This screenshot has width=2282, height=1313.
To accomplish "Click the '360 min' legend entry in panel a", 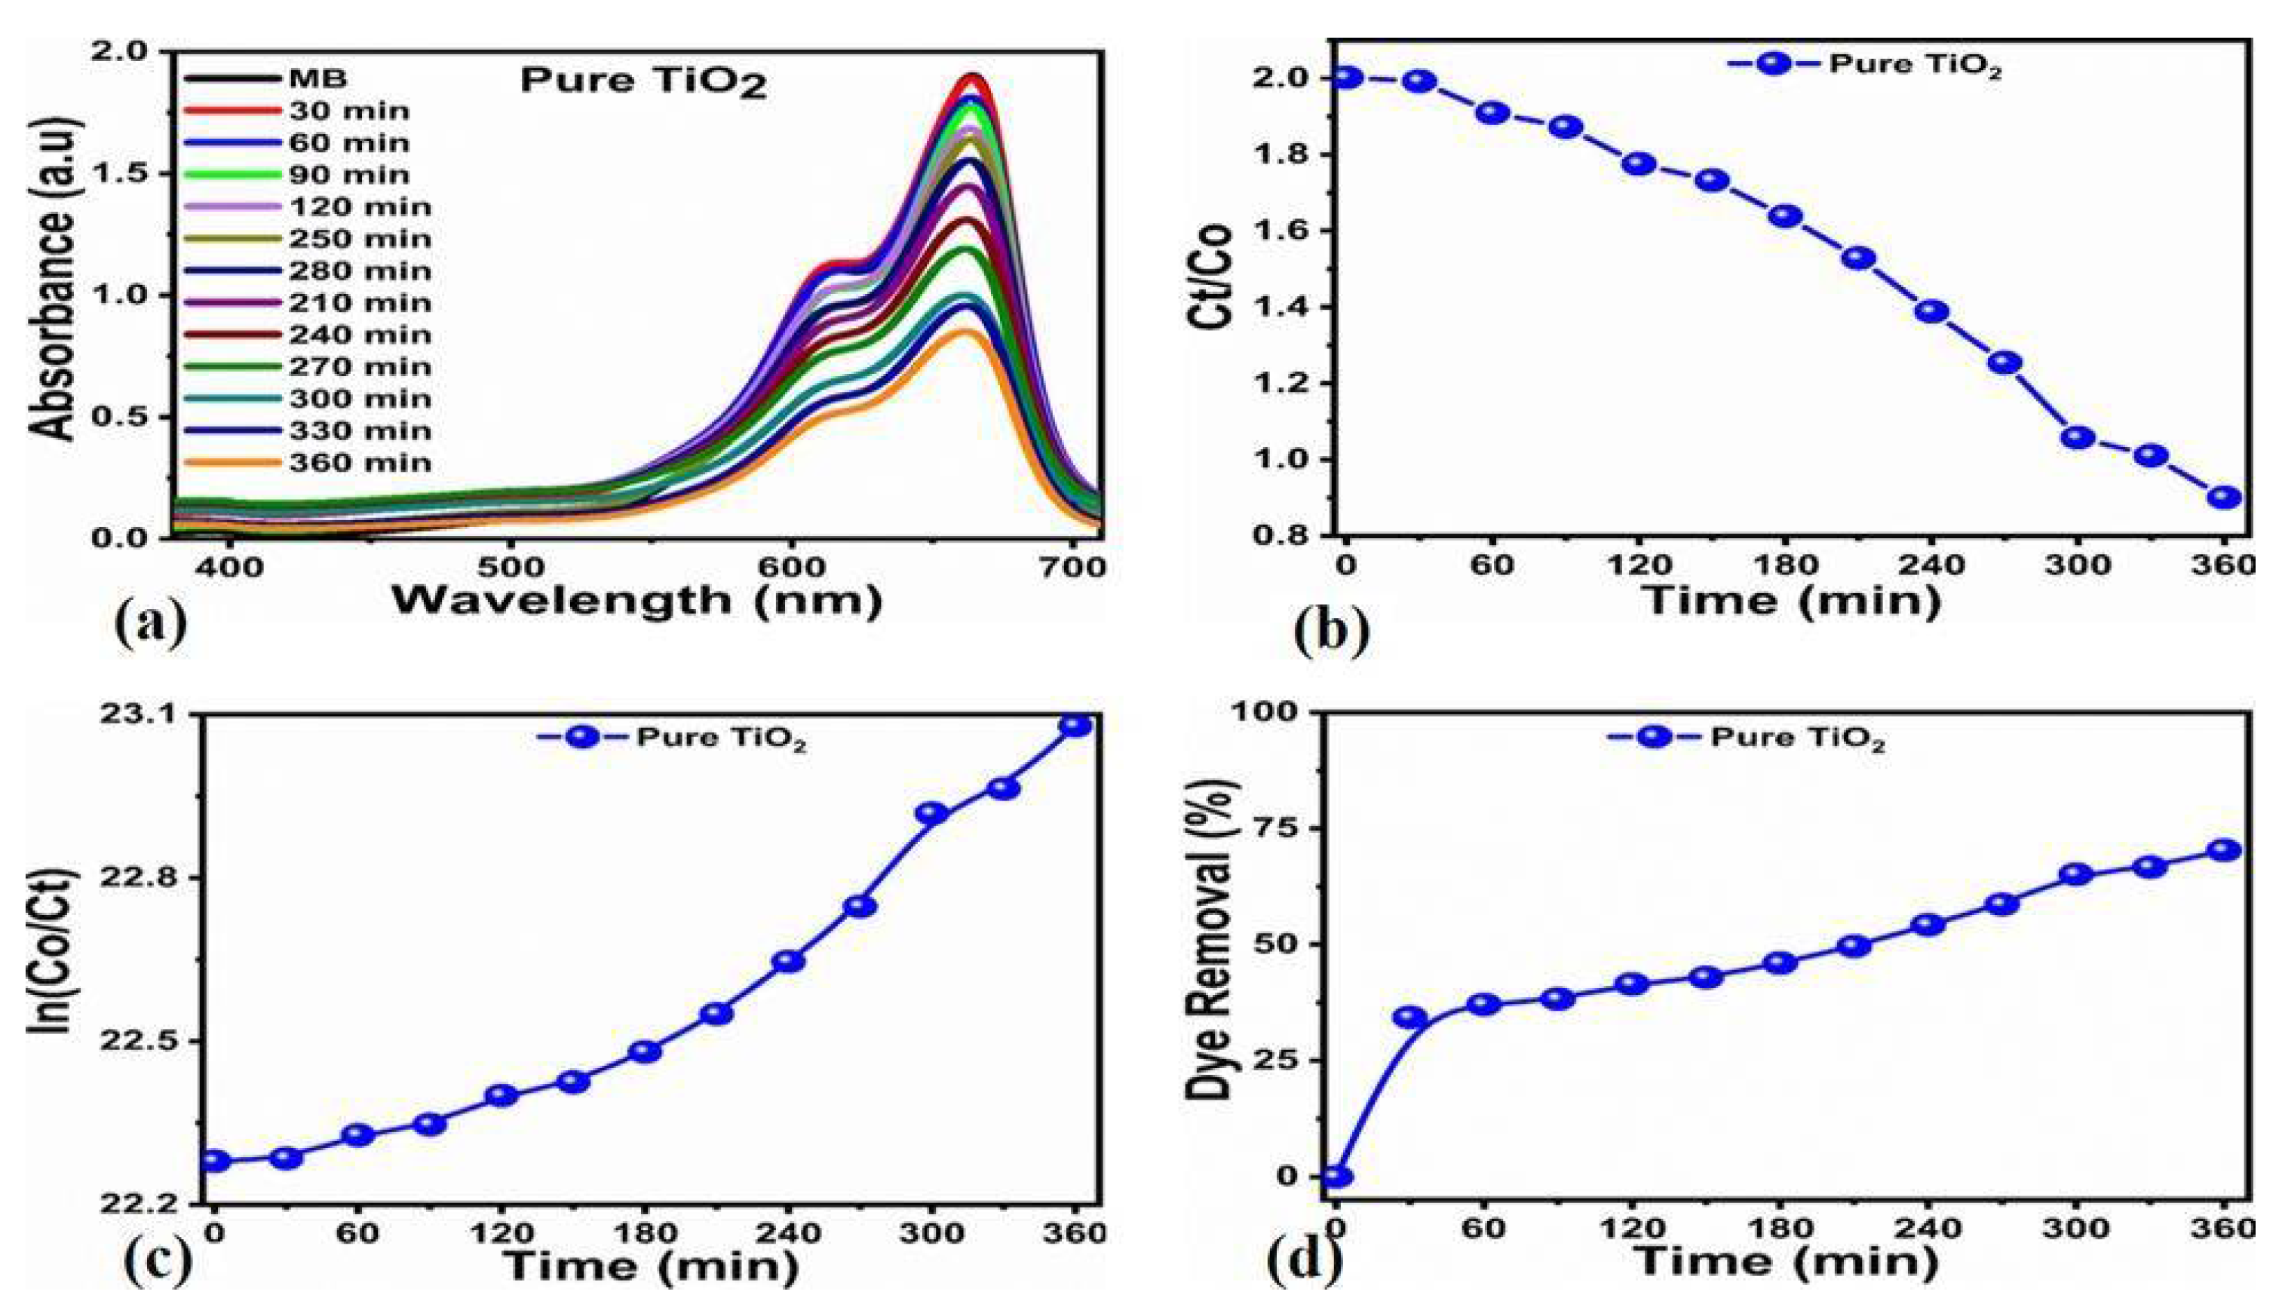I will point(359,464).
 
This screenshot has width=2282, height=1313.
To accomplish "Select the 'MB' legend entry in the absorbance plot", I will point(317,78).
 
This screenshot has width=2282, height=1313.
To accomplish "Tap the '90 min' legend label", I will point(349,175).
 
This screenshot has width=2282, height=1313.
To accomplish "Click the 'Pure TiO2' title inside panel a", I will point(643,82).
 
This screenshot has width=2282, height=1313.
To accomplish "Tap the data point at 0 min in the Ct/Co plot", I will point(1346,78).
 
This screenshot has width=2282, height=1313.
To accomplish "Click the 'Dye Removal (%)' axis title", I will point(1210,938).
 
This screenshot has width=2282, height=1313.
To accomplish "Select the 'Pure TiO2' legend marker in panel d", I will point(1655,736).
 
